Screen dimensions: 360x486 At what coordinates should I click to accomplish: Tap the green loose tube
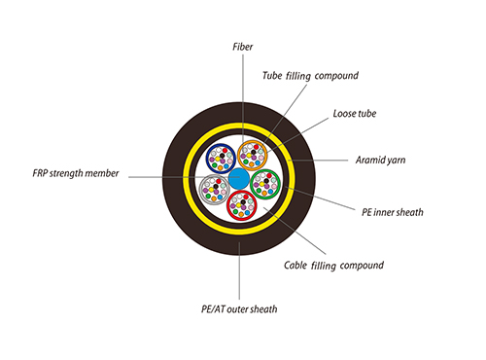(266, 183)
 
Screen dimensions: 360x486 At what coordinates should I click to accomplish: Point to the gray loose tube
(214, 188)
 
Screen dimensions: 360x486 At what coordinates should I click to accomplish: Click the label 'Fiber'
(244, 47)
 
